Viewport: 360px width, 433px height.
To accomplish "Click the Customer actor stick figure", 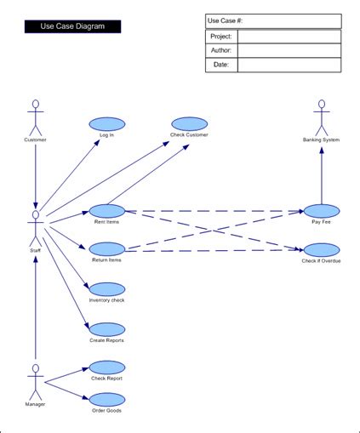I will pos(35,117).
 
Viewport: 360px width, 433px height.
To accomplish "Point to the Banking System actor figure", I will pos(321,117).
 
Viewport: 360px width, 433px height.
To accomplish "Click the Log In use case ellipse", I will pos(106,122).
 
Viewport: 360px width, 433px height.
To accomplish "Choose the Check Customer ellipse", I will pos(189,122).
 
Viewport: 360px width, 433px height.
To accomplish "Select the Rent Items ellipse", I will pos(106,210).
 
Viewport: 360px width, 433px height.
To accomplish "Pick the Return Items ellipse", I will pos(106,248).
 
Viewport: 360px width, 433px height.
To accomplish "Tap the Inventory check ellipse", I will pos(106,288).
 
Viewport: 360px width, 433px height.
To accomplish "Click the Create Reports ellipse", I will pos(106,328).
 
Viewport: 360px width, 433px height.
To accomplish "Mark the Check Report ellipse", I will pos(106,367).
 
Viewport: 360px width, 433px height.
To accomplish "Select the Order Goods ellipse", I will pos(106,398).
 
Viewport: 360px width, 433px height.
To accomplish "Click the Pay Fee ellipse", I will pos(321,210).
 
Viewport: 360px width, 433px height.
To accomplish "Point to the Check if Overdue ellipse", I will pos(321,249).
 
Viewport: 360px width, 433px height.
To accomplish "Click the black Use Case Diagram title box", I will pos(72,26).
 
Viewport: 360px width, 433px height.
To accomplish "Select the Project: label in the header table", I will pos(221,37).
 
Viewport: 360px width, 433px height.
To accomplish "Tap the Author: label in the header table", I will pos(221,51).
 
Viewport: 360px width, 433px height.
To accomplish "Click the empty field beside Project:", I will pos(289,37).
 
